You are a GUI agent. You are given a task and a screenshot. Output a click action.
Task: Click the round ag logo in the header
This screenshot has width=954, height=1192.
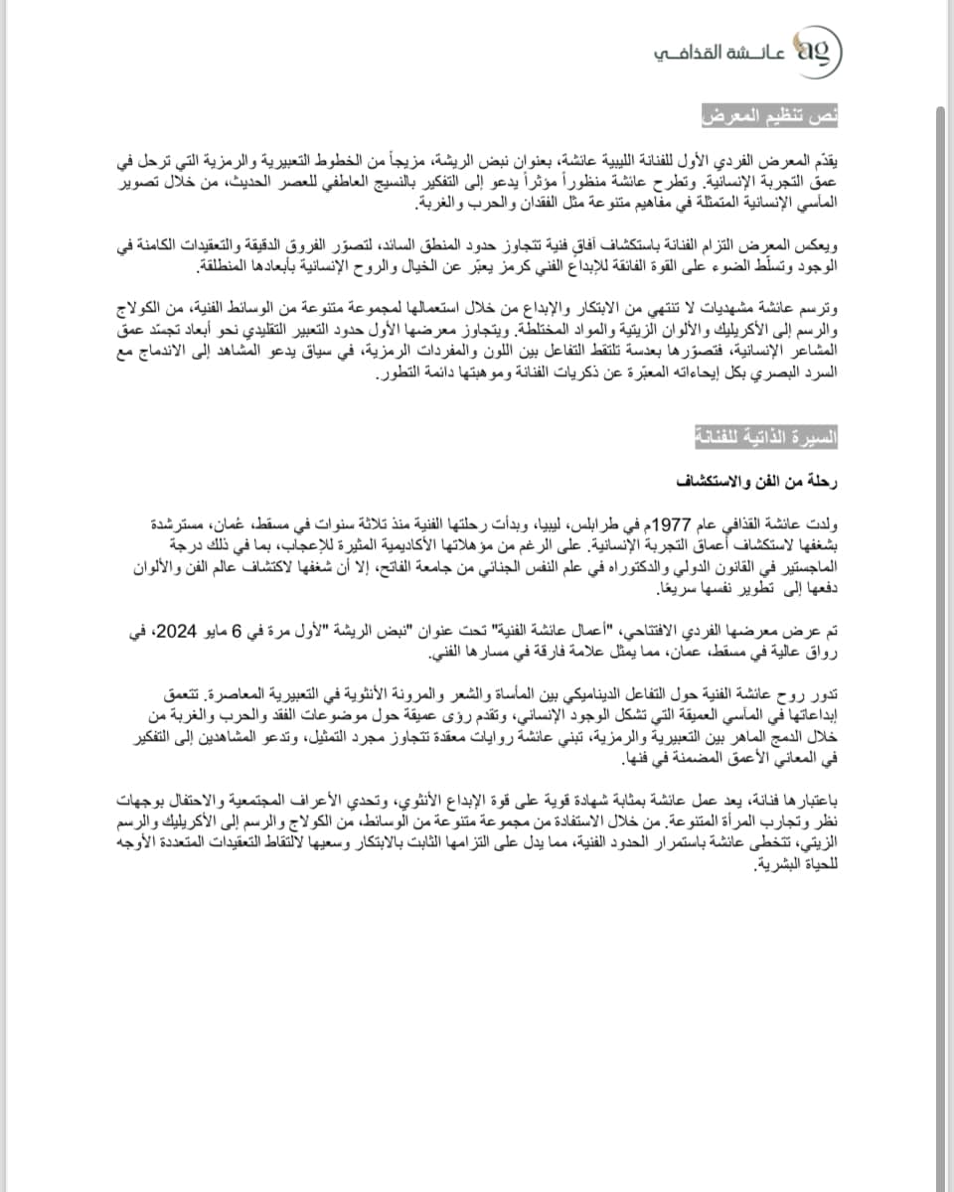click(820, 51)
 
